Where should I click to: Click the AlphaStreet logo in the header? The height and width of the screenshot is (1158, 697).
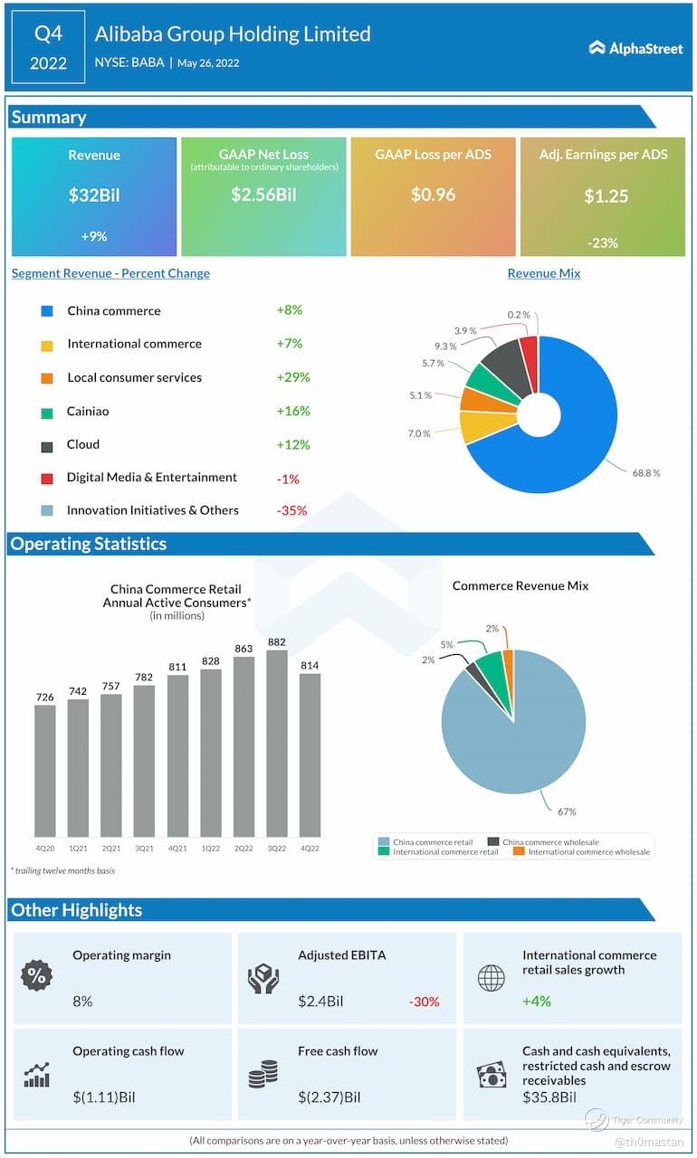pyautogui.click(x=635, y=48)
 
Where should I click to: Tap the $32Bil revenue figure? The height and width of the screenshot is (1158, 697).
pyautogui.click(x=94, y=195)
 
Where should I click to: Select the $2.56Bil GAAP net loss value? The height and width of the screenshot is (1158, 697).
pyautogui.click(x=263, y=195)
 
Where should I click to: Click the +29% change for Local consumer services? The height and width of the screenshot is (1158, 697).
pyautogui.click(x=293, y=377)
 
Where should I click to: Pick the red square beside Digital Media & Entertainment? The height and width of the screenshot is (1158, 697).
pyautogui.click(x=47, y=479)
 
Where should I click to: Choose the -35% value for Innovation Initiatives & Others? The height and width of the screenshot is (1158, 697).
pyautogui.click(x=291, y=510)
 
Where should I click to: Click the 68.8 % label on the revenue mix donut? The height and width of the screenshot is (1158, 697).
pyautogui.click(x=645, y=473)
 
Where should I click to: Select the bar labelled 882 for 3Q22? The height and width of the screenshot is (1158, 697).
pyautogui.click(x=276, y=742)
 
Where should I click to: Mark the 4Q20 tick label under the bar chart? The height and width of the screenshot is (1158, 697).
pyautogui.click(x=44, y=849)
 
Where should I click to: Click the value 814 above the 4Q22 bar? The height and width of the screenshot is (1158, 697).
pyautogui.click(x=310, y=666)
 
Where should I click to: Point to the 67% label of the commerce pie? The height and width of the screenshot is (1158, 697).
pyautogui.click(x=568, y=812)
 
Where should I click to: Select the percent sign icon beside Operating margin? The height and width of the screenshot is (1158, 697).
pyautogui.click(x=37, y=976)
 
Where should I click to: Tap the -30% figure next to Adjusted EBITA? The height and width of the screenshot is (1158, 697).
pyautogui.click(x=424, y=1001)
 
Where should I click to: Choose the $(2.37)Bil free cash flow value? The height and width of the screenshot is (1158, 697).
pyautogui.click(x=329, y=1097)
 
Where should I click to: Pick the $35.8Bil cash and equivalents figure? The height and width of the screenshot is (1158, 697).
pyautogui.click(x=549, y=1097)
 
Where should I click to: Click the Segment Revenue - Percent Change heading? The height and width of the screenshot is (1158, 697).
pyautogui.click(x=110, y=273)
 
